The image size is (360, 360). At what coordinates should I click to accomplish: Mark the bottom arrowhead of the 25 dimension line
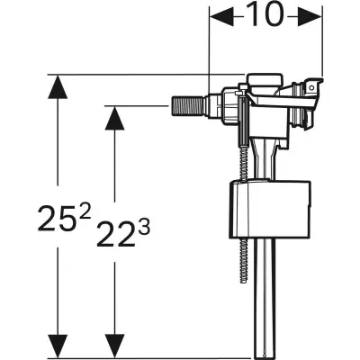tap(58, 346)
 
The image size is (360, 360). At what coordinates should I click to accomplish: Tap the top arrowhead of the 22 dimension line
tap(114, 117)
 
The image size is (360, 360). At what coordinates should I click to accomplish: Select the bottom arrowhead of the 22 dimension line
tap(114, 346)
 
